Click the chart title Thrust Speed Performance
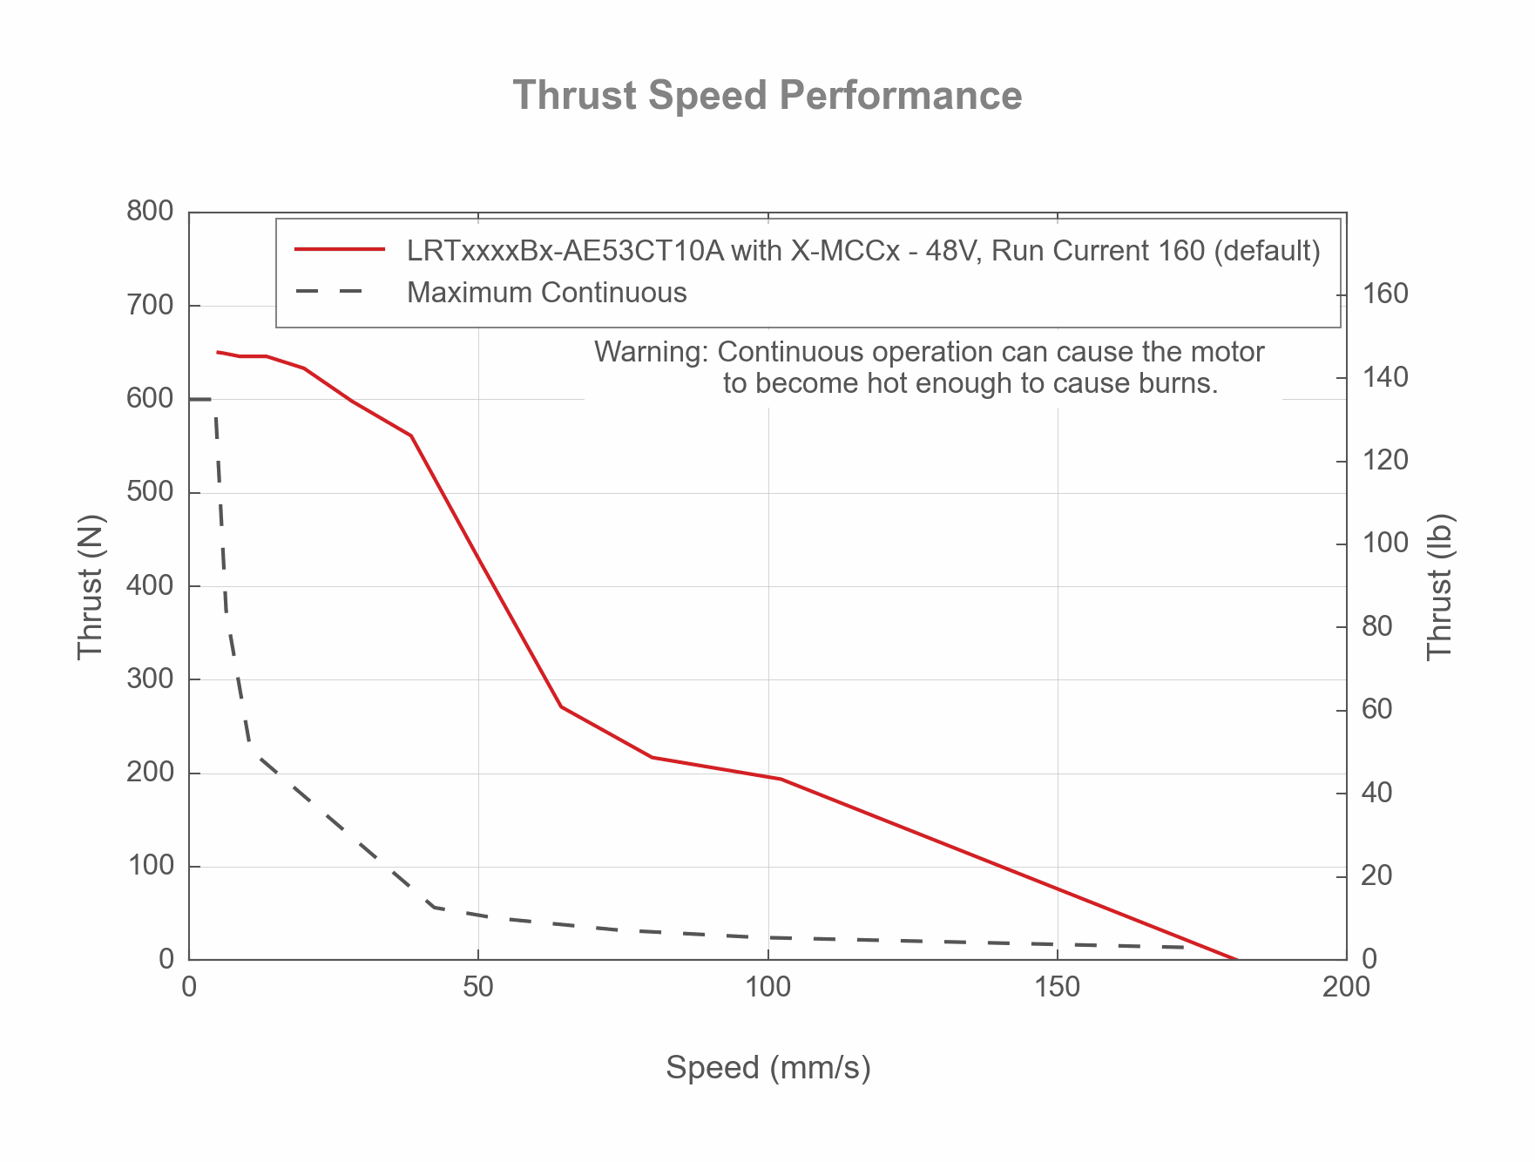(x=767, y=96)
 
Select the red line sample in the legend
(x=340, y=250)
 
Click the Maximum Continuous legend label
(x=546, y=293)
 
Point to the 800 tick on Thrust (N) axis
(x=150, y=212)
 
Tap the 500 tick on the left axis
(x=150, y=492)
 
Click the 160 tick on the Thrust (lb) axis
(x=1384, y=294)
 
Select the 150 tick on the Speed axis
(x=1057, y=987)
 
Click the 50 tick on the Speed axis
(x=478, y=987)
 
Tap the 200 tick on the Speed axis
(x=1346, y=987)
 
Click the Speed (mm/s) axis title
(x=767, y=1068)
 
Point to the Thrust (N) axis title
(x=90, y=586)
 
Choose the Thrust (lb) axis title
(x=1441, y=586)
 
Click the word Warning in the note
(x=651, y=352)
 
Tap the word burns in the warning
(x=1178, y=383)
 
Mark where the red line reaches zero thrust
(x=1237, y=959)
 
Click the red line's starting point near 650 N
(x=218, y=352)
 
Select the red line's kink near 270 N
(x=562, y=706)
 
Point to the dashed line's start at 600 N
(x=191, y=399)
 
